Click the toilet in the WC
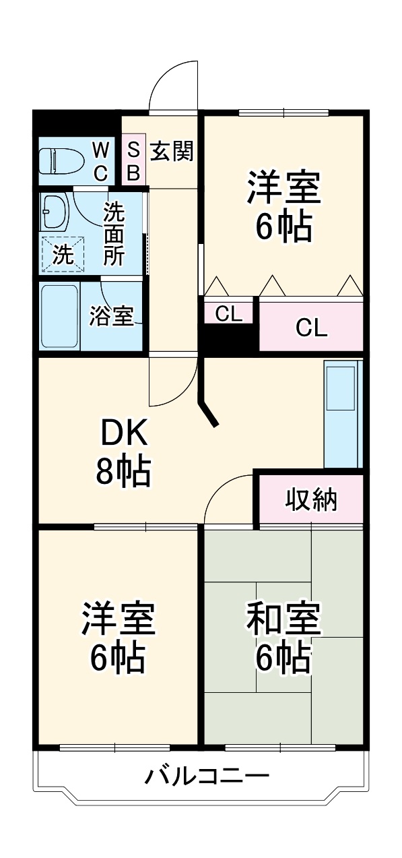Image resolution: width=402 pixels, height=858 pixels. coord(61,162)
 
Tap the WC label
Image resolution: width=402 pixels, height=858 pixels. coord(100,161)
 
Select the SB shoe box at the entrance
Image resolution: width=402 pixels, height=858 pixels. coord(133,161)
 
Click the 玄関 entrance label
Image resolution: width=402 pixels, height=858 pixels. coord(171,152)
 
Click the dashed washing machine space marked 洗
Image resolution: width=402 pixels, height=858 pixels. coord(63,255)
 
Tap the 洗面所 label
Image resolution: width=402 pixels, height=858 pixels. coord(113,233)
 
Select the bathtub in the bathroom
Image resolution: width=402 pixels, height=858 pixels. coord(59,315)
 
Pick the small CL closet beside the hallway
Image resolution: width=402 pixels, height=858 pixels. coord(228,313)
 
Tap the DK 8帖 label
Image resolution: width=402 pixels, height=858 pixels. coord(123,453)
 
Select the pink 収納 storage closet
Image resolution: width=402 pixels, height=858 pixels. coord(311,499)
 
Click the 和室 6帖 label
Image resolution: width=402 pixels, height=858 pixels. coord(283,638)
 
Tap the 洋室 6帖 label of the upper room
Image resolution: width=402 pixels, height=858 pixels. coord(283,207)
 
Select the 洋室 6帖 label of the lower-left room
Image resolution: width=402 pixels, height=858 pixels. coord(118,638)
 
